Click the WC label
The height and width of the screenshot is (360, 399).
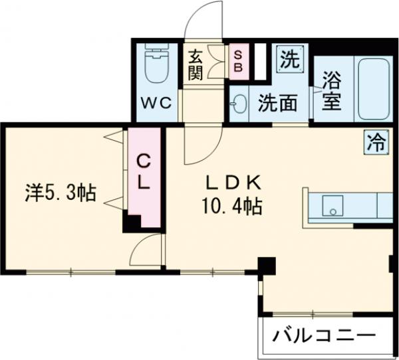[157, 103]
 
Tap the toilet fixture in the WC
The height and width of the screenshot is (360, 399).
[156, 66]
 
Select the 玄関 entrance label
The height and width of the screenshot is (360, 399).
[195, 64]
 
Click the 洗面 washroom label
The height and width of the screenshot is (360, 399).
[277, 104]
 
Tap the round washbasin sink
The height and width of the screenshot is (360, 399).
[239, 104]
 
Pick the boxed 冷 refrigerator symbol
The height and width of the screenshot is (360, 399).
[376, 141]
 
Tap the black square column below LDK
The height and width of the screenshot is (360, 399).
[267, 265]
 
